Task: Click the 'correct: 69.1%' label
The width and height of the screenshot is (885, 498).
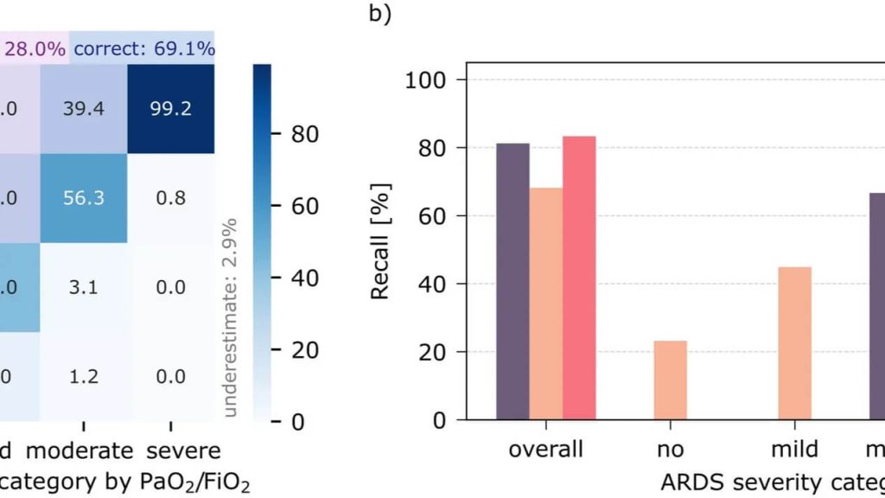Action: point(143,49)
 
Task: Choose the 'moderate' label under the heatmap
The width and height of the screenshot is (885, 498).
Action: point(80,450)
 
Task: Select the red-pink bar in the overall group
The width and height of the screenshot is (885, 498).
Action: point(579,278)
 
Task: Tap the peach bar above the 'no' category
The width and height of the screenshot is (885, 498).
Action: point(670,380)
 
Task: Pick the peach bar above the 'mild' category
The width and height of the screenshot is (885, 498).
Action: point(795,343)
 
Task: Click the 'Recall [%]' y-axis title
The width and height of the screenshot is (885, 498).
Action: point(380,241)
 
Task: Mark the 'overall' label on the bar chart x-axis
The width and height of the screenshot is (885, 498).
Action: point(545,450)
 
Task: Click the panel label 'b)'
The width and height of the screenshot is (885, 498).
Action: point(380,15)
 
